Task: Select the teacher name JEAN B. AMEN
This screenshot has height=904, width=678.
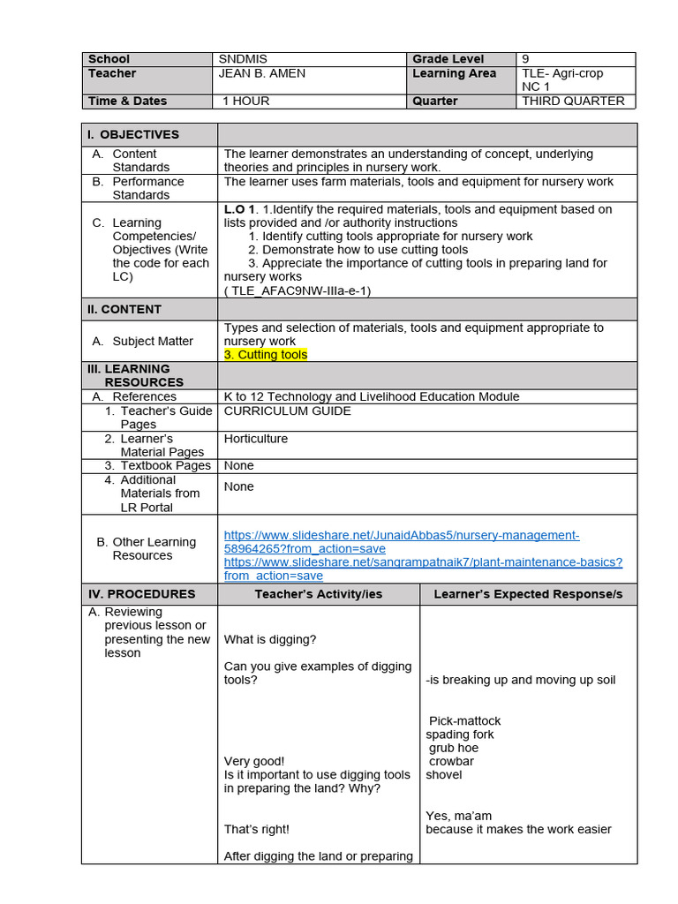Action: click(x=261, y=73)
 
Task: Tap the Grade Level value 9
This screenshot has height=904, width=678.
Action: click(x=526, y=59)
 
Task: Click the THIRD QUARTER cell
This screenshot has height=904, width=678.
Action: click(x=573, y=101)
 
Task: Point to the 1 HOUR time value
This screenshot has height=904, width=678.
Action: click(x=246, y=101)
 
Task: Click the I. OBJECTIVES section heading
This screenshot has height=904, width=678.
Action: click(x=132, y=134)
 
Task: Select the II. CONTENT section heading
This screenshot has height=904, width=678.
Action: click(x=124, y=309)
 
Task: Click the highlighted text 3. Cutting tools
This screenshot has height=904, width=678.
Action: click(x=266, y=355)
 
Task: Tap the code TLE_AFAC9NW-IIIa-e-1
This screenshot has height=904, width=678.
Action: click(x=297, y=290)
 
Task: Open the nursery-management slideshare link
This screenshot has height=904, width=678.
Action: click(x=402, y=542)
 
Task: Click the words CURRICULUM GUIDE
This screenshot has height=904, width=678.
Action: click(x=287, y=411)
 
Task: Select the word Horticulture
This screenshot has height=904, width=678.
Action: click(x=256, y=439)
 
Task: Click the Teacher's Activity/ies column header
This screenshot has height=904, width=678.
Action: click(x=319, y=594)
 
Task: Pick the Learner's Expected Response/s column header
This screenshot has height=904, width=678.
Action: click(x=528, y=594)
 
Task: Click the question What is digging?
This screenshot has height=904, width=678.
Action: click(x=270, y=639)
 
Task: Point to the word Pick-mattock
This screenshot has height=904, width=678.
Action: click(x=464, y=721)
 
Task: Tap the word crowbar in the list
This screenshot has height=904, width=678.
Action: click(x=451, y=761)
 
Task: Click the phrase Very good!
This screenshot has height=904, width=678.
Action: click(x=254, y=761)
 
